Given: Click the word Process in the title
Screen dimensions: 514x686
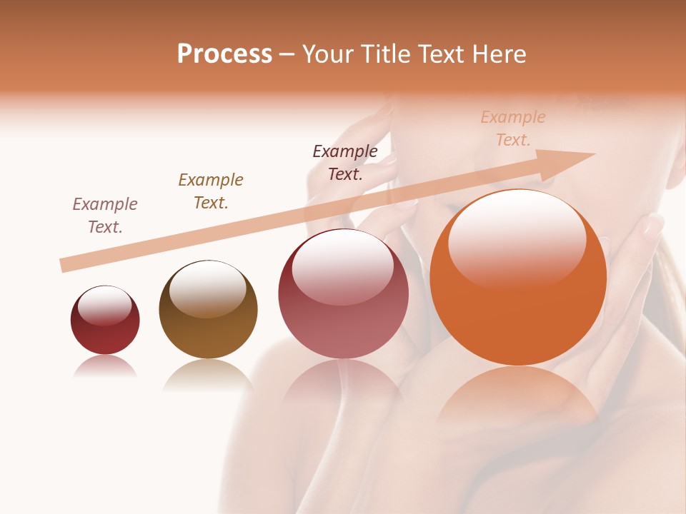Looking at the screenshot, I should (224, 54).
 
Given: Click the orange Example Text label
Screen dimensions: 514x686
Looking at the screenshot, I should (513, 128).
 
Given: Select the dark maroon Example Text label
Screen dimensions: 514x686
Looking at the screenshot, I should (345, 162).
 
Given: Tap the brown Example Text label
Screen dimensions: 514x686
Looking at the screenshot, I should (211, 191).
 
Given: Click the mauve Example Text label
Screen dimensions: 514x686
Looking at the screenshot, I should (105, 215).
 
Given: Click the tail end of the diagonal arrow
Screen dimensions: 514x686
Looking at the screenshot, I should (66, 265).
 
